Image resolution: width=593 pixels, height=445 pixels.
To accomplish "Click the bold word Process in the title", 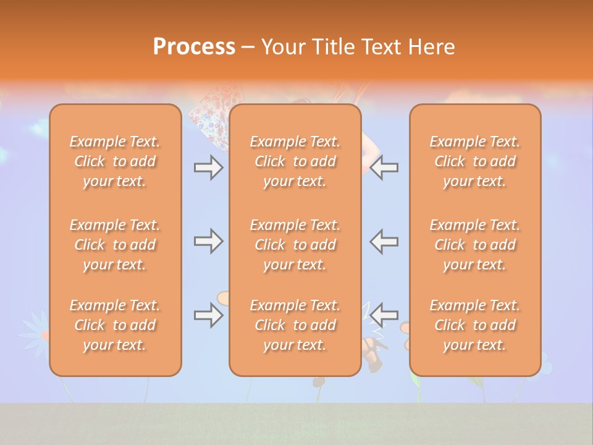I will pyautogui.click(x=194, y=47).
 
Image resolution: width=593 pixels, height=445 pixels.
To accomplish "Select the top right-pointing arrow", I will pyautogui.click(x=208, y=167).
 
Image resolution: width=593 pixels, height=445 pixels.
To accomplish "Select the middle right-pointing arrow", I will pyautogui.click(x=208, y=241).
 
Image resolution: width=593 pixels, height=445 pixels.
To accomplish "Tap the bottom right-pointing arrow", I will pyautogui.click(x=208, y=315).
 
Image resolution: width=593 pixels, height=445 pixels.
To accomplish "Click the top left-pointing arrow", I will pyautogui.click(x=384, y=167).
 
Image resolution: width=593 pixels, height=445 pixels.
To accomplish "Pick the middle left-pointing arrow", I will pyautogui.click(x=384, y=241).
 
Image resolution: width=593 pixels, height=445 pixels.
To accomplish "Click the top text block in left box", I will pyautogui.click(x=115, y=161).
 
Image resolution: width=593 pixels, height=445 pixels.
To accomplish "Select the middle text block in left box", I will pyautogui.click(x=115, y=245).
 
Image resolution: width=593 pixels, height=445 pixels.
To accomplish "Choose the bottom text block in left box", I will pyautogui.click(x=115, y=325).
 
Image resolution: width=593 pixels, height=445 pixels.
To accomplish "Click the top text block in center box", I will pyautogui.click(x=295, y=161).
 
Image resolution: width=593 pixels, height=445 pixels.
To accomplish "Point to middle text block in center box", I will pyautogui.click(x=295, y=245).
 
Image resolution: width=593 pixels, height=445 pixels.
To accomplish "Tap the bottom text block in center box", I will pyautogui.click(x=295, y=325).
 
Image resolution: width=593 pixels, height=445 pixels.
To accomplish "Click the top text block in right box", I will pyautogui.click(x=474, y=161).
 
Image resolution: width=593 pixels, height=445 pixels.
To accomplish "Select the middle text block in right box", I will pyautogui.click(x=474, y=245).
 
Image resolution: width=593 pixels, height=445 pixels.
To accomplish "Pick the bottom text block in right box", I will pyautogui.click(x=474, y=325).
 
